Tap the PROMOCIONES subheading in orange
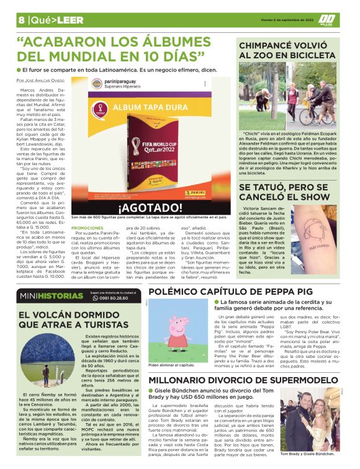[88, 228]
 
